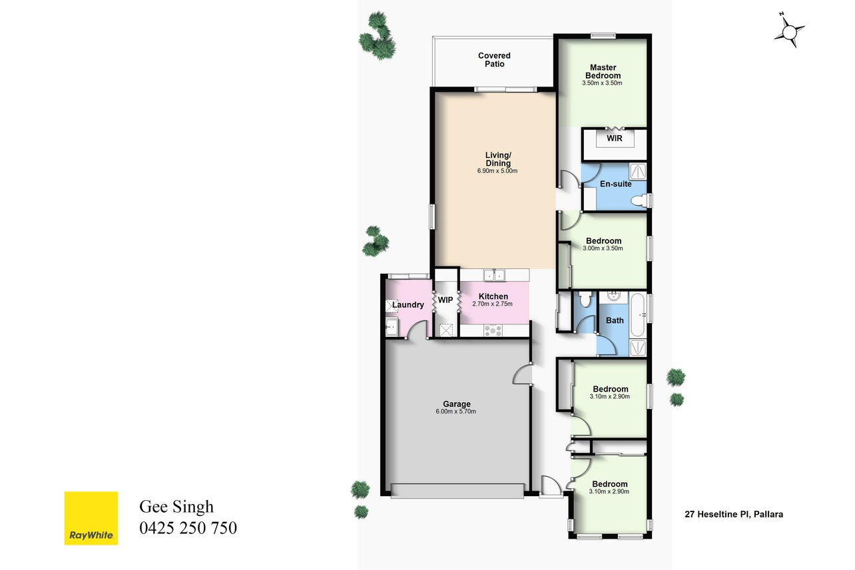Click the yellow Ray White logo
[x=91, y=518]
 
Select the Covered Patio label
[x=494, y=59]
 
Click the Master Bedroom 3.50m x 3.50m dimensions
[x=602, y=83]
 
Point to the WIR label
[x=615, y=139]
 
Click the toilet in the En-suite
[x=640, y=200]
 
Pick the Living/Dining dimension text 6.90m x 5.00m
[x=497, y=170]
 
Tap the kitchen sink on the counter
[x=494, y=274]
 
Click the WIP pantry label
[x=445, y=300]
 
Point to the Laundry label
[x=408, y=305]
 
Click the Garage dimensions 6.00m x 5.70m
[x=455, y=412]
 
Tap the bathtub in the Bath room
[x=638, y=315]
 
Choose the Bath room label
[x=615, y=320]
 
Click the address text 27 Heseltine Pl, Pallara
[x=734, y=514]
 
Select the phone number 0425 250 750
[x=188, y=527]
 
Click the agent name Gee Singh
[x=176, y=507]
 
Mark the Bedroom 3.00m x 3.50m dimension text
[x=603, y=248]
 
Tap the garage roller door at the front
[x=457, y=491]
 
